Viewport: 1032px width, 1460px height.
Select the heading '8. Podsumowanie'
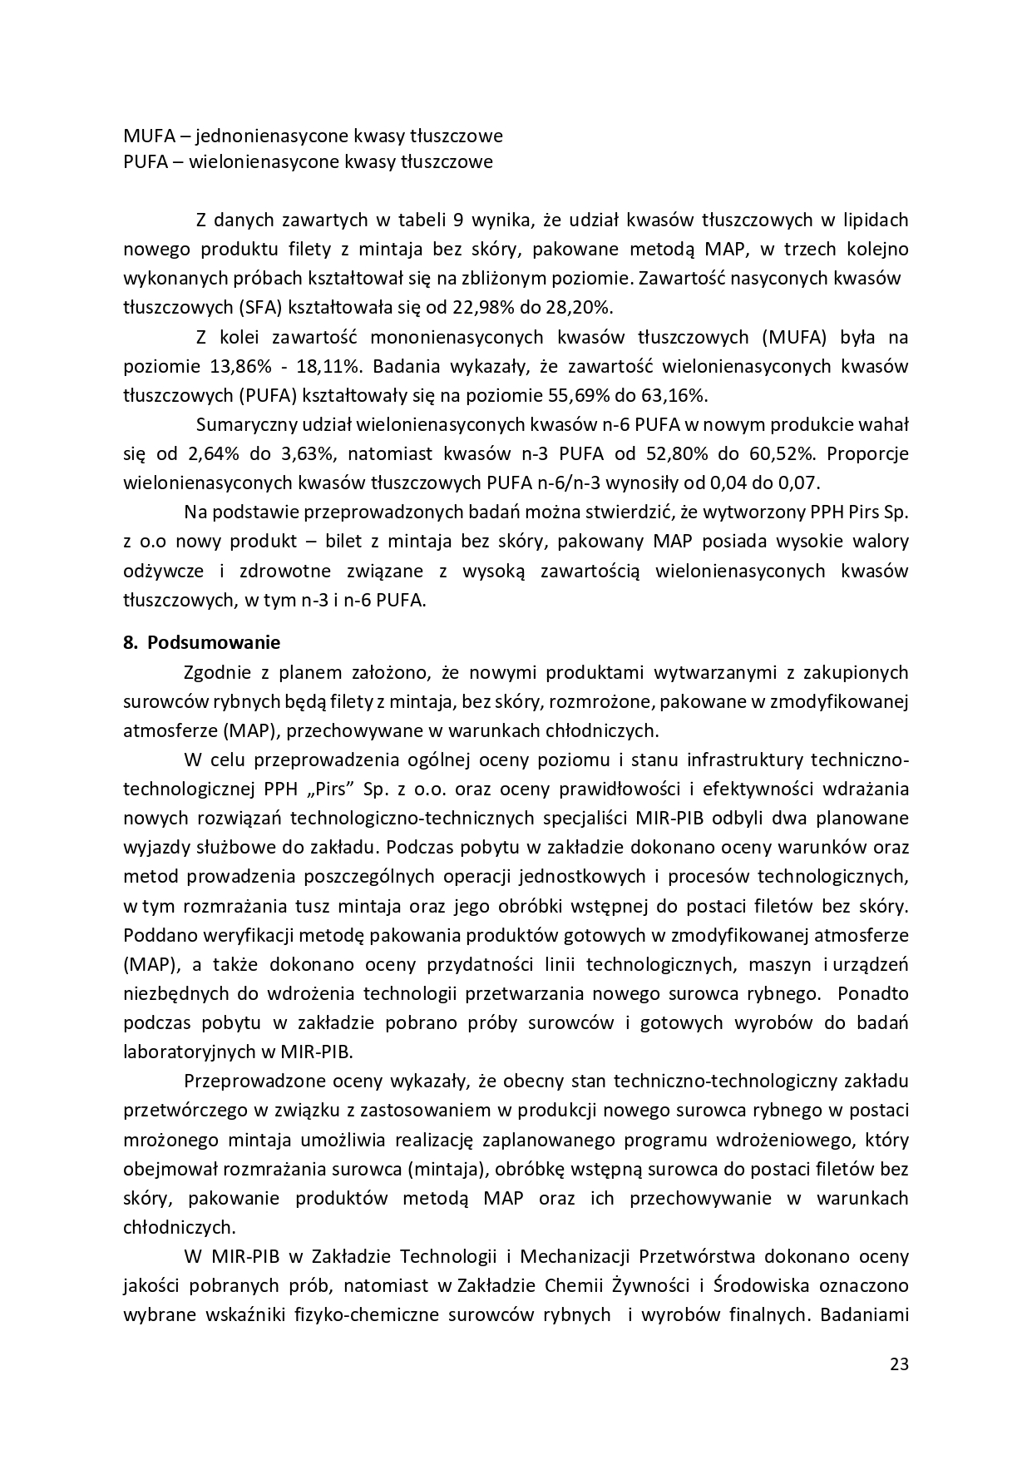(202, 643)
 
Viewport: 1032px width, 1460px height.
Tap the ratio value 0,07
(801, 483)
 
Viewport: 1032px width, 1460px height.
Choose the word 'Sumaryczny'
(245, 425)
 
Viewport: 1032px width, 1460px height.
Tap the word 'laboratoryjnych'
(188, 1052)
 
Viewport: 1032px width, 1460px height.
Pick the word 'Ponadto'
(873, 993)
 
